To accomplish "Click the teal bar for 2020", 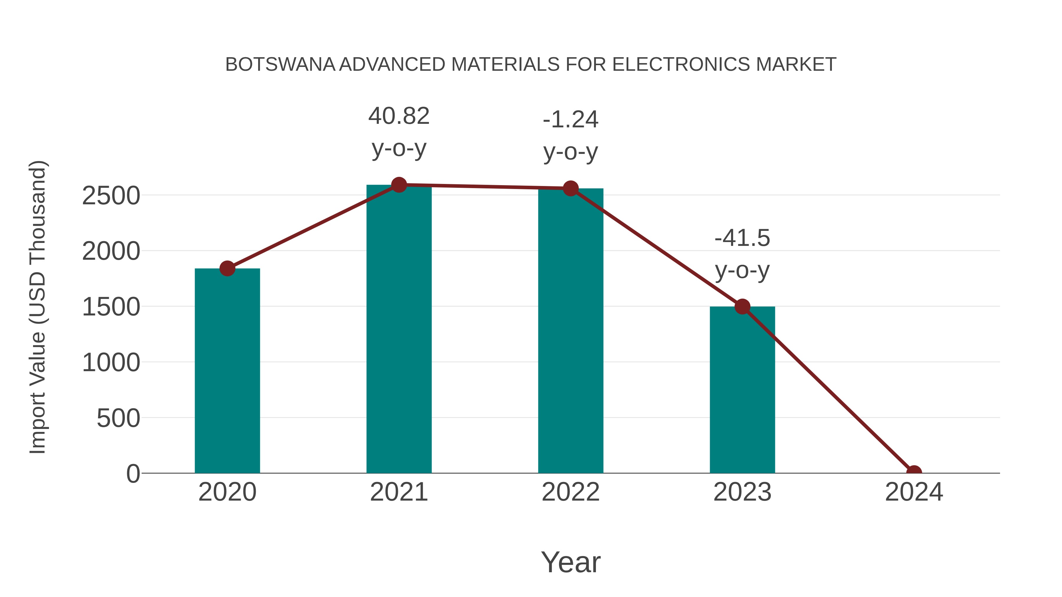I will pos(227,371).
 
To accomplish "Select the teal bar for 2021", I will pos(399,330).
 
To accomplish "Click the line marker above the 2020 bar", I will pos(227,269).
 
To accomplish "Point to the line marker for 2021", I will pos(399,185).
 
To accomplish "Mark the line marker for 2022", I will pos(571,188).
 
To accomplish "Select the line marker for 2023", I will pos(742,307).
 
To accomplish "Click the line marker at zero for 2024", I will pos(914,472).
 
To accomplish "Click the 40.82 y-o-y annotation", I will pos(399,132).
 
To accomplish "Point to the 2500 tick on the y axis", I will pos(111,196).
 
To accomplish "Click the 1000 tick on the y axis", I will pos(111,363).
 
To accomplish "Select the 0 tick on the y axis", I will pos(133,474).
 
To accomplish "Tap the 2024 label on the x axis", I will pos(914,492).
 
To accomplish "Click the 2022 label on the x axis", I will pos(571,492).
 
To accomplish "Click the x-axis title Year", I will pos(571,562).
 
